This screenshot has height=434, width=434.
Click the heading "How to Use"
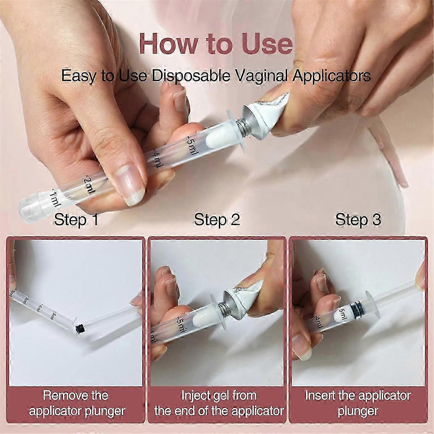(216, 43)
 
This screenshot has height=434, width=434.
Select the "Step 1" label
(76, 220)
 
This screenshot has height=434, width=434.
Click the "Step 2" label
(217, 220)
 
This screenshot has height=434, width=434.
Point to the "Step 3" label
(358, 220)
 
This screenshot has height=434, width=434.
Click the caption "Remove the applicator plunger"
(77, 403)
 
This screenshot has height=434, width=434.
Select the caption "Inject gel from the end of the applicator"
(218, 403)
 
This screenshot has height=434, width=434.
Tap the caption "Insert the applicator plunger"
(358, 403)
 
